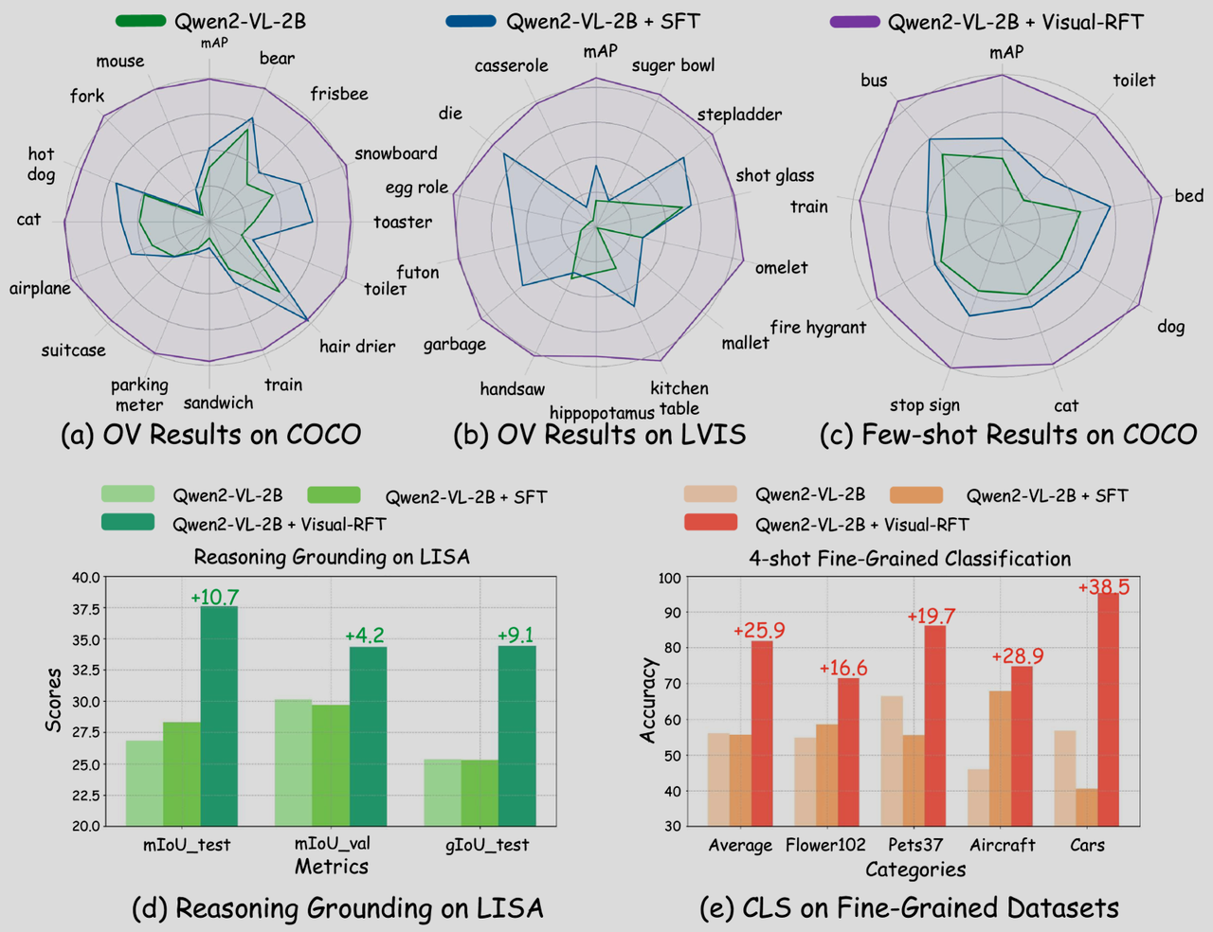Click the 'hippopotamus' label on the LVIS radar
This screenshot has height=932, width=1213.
click(602, 413)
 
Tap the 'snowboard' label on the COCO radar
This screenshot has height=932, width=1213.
click(396, 153)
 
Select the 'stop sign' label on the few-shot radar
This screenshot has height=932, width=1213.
click(924, 405)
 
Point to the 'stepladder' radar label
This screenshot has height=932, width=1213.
click(739, 115)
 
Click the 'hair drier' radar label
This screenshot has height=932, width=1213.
click(357, 346)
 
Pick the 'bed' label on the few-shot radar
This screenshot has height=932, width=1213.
click(1188, 196)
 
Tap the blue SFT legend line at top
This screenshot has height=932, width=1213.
click(471, 21)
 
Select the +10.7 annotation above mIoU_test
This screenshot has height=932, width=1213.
click(214, 597)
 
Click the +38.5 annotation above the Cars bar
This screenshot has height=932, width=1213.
click(1103, 587)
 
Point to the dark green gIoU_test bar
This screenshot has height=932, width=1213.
click(516, 735)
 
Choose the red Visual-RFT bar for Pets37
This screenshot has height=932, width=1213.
click(934, 726)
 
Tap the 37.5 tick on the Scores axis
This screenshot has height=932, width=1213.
click(85, 609)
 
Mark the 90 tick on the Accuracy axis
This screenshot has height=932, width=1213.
click(669, 613)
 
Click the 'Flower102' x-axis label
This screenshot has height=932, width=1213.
click(825, 845)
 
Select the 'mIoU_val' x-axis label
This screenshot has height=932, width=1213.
click(332, 844)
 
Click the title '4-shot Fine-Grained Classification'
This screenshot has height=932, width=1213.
click(910, 559)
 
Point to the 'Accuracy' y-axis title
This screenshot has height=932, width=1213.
click(648, 700)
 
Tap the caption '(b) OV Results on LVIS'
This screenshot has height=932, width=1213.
click(599, 435)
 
